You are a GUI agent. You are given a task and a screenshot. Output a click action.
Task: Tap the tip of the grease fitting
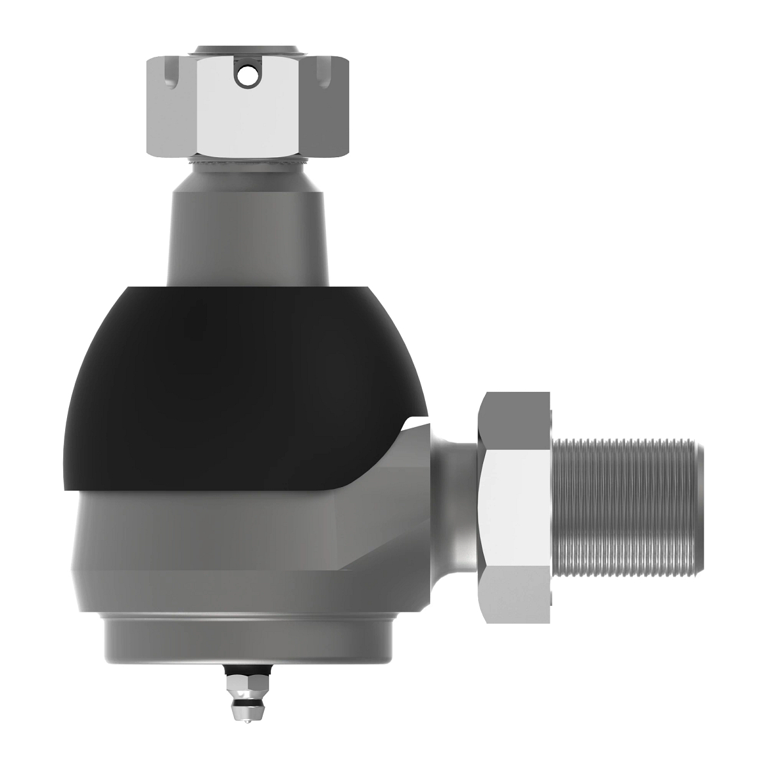[x=245, y=722]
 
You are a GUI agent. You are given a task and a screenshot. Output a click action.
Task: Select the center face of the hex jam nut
[x=515, y=505]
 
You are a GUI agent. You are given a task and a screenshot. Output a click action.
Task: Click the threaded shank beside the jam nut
[x=623, y=505]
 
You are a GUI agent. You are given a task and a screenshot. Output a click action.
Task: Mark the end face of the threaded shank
[x=699, y=505]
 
